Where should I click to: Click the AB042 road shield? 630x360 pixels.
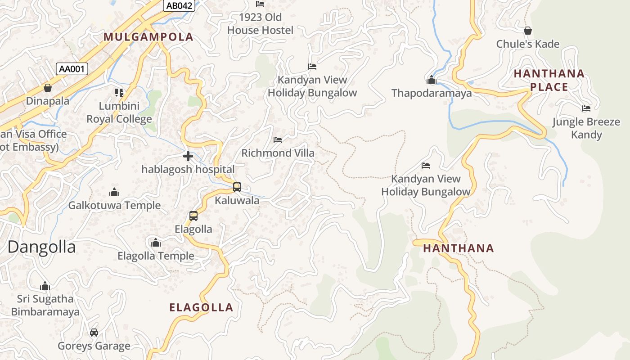[x=179, y=5]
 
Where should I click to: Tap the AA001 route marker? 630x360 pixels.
[x=72, y=69]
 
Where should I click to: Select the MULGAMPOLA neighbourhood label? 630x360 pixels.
[x=148, y=37]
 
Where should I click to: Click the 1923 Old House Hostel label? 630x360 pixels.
[x=260, y=24]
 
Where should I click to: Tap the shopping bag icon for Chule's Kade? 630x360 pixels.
[x=528, y=31]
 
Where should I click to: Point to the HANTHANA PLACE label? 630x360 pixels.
[x=549, y=80]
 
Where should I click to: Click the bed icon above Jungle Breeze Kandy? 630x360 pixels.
[x=586, y=108]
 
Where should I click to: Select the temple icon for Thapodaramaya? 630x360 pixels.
[x=432, y=80]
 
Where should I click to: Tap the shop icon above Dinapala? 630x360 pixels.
[x=48, y=88]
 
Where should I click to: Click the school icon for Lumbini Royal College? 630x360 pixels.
[x=119, y=93]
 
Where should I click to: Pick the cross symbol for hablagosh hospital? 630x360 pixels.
[x=188, y=156]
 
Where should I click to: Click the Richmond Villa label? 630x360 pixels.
[x=278, y=153]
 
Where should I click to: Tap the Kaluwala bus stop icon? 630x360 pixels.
[x=237, y=187]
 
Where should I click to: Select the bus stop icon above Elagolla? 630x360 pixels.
[x=193, y=216]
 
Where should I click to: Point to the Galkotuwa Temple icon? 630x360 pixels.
[x=114, y=193]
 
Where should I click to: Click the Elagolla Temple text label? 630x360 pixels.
[x=156, y=256]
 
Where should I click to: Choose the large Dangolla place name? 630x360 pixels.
[x=41, y=247]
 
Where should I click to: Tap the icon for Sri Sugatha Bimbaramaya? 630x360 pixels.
[x=45, y=286]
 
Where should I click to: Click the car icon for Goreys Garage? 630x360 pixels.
[x=94, y=333]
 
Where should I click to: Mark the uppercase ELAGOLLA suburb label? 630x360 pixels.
[x=201, y=308]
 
